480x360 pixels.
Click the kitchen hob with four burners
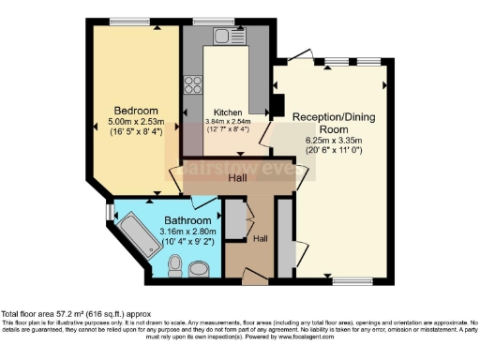coord(197,83)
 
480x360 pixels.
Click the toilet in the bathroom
coord(173,268)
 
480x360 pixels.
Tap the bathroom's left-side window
coord(109,215)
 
